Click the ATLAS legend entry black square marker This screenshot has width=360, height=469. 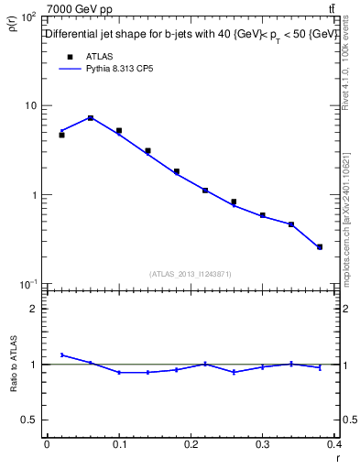point(69,56)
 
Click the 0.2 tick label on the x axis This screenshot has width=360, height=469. point(191,444)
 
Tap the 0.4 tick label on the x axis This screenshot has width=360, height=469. point(334,444)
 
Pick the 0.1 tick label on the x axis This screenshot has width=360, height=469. point(118,444)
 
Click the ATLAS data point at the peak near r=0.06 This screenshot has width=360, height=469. point(90,117)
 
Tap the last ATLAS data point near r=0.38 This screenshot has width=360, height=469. point(320,246)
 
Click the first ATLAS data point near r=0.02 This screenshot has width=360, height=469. point(61,135)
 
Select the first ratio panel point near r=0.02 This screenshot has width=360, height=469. point(61,354)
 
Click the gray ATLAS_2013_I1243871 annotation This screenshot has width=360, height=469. point(191,274)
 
